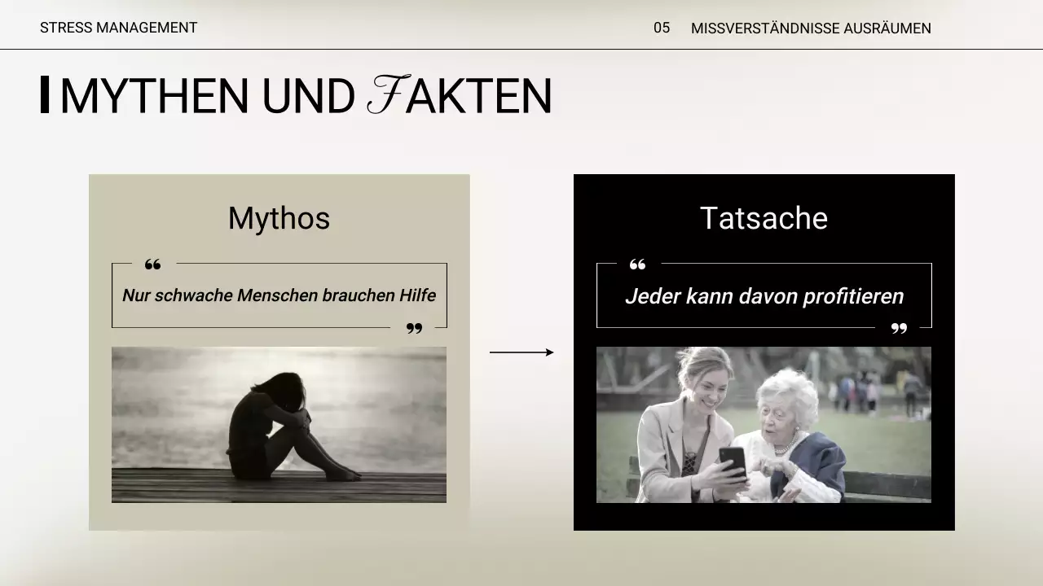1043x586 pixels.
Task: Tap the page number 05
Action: tap(662, 28)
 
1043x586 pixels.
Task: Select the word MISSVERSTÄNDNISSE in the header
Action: tap(764, 28)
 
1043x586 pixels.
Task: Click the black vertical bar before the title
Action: tap(45, 94)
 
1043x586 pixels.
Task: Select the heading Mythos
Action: tap(279, 218)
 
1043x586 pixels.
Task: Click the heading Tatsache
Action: tap(764, 218)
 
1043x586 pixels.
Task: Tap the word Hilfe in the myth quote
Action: tap(417, 295)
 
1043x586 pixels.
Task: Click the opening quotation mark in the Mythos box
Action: tap(152, 265)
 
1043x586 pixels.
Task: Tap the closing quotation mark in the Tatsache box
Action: tap(899, 329)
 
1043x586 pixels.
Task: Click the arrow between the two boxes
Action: tap(521, 352)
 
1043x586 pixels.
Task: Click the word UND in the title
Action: tap(308, 96)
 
